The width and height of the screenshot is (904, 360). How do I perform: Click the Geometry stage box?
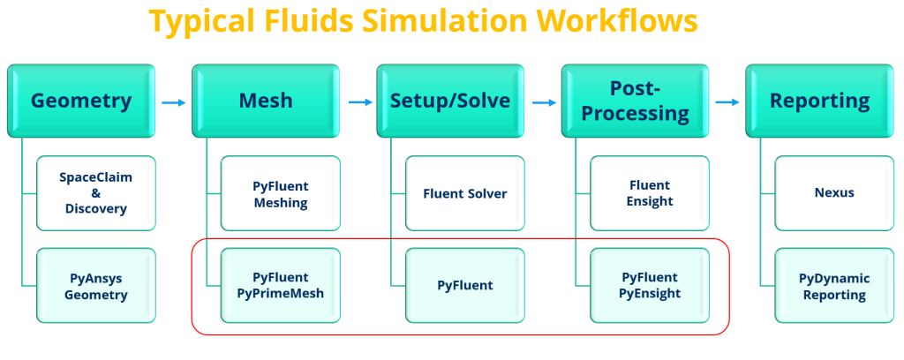click(81, 101)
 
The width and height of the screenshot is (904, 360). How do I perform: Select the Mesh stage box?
click(266, 101)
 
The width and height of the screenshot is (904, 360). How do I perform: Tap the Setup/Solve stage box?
click(450, 101)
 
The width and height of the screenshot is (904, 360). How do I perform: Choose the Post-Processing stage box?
click(635, 101)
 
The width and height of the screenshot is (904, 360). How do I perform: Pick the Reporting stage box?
click(819, 101)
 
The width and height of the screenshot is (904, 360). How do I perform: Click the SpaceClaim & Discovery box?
click(96, 193)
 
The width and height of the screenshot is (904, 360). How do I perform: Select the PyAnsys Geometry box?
click(96, 286)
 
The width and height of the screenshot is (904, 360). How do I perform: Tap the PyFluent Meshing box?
click(281, 193)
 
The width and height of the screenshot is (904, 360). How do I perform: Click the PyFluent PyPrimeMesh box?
click(281, 286)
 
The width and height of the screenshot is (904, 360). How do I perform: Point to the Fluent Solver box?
click(465, 193)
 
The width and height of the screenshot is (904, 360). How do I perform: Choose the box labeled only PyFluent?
click(465, 286)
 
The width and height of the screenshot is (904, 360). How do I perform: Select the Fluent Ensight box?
click(650, 193)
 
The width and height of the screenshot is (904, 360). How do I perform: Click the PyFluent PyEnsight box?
click(650, 286)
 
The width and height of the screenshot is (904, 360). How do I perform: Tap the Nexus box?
click(834, 193)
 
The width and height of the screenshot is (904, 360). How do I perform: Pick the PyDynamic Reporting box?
click(834, 286)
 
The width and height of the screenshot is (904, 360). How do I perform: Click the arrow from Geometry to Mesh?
click(174, 102)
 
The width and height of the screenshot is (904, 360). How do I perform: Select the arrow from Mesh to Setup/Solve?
click(361, 102)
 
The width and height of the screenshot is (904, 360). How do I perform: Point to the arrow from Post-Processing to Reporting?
click(727, 102)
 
